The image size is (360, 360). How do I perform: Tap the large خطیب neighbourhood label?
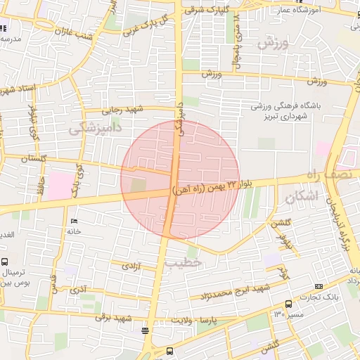[184, 262]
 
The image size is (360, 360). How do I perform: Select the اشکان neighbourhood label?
[303, 198]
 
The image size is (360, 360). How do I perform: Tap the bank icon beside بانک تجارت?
[319, 286]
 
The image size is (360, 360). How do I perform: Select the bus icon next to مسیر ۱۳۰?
[289, 304]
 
